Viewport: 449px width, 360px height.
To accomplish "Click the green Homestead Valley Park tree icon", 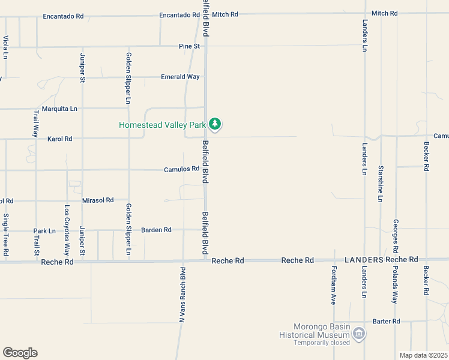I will (215, 125).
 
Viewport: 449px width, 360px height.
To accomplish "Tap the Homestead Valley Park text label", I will (163, 125).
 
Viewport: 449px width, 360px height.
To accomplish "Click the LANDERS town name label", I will (364, 260).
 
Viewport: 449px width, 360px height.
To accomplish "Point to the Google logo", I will (20, 353).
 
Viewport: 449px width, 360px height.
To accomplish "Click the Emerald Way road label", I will (180, 77).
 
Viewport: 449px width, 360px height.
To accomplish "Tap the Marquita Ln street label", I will (59, 109).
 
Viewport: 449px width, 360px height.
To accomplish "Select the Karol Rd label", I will (59, 139).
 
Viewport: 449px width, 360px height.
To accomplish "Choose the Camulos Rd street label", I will (181, 169).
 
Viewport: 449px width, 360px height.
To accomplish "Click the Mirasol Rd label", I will (98, 200).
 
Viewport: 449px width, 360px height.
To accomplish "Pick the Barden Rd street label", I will (156, 230).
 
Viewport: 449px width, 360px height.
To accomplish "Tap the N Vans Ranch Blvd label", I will (182, 293).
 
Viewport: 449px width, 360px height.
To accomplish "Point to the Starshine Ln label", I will (381, 183).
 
